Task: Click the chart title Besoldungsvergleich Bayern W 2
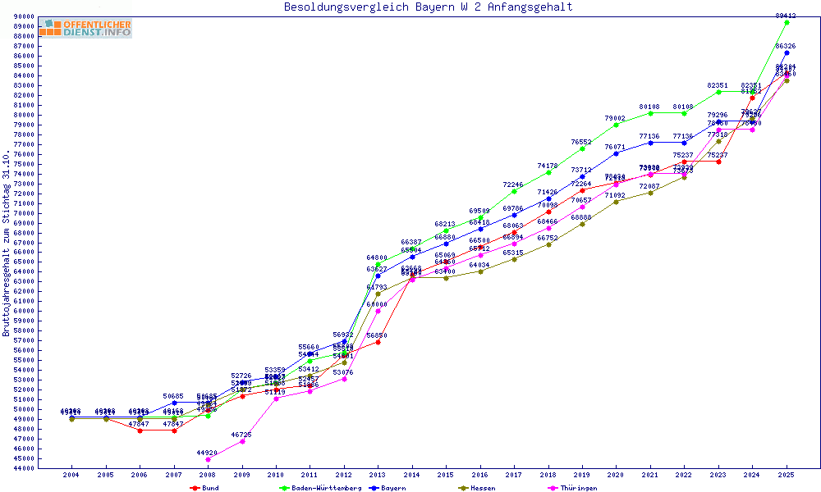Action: tap(428, 7)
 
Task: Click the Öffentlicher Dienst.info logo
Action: tap(85, 28)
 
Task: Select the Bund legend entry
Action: tap(206, 488)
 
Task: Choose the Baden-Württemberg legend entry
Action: tap(320, 488)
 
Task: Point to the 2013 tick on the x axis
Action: tap(378, 475)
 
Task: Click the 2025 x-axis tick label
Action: tap(787, 475)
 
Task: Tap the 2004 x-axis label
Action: tap(71, 475)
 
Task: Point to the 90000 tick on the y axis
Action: tap(23, 16)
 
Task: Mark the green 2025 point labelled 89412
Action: tap(787, 22)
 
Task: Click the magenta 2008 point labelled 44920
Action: tap(208, 459)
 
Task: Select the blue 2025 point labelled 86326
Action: tap(787, 52)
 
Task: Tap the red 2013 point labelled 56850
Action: tap(378, 342)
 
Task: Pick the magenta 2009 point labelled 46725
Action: tap(241, 441)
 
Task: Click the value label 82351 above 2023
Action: tap(718, 85)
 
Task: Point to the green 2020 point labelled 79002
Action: tap(616, 125)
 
